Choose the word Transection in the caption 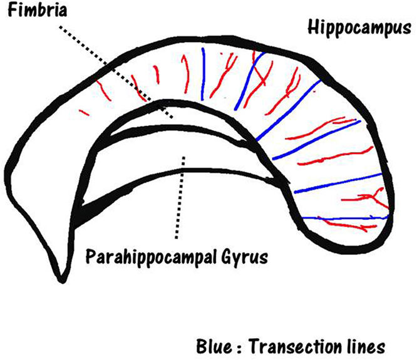pyautogui.click(x=298, y=344)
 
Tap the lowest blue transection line pyautogui.click(x=344, y=217)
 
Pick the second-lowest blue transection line pyautogui.click(x=338, y=182)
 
